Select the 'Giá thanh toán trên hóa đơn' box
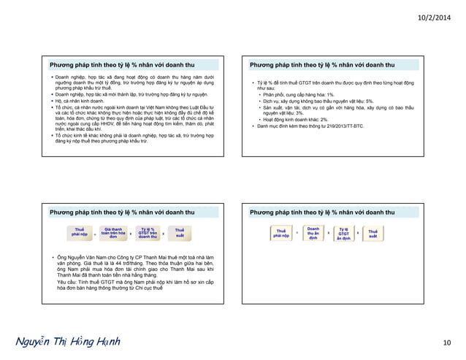[112, 234]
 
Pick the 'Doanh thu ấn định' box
[313, 234]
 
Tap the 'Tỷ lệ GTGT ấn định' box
[343, 234]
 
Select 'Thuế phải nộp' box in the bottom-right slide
[281, 234]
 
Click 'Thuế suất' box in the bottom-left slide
[179, 234]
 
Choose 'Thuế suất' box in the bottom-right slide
[373, 234]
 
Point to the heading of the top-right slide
[323, 64]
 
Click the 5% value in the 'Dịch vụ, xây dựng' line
[370, 101]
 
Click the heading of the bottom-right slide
[323, 212]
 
